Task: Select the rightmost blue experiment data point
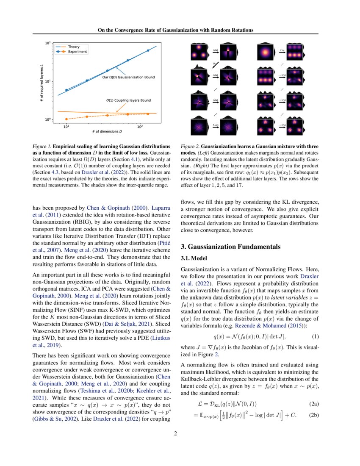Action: click(148, 50)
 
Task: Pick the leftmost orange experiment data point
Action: click(66, 119)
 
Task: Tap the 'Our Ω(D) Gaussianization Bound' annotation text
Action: click(129, 78)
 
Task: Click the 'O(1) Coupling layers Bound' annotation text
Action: click(128, 101)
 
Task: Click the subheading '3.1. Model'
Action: click(195, 258)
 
